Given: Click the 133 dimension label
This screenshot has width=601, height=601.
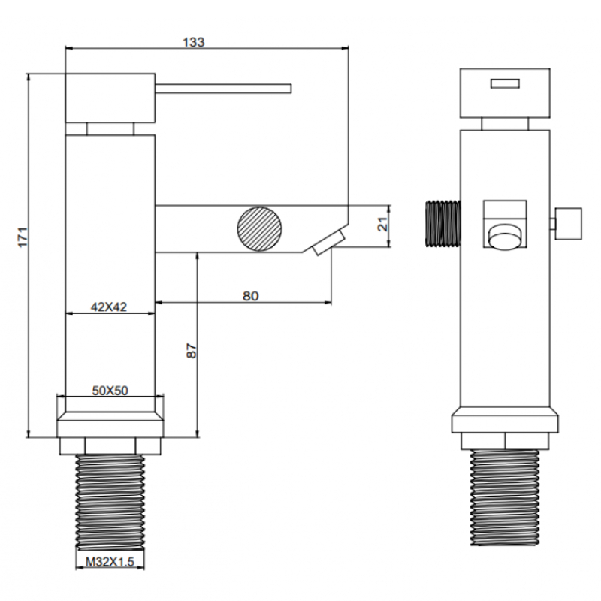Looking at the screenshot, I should pyautogui.click(x=194, y=42).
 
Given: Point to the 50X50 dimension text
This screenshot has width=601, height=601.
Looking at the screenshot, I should pyautogui.click(x=110, y=390).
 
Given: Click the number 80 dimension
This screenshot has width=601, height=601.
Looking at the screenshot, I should pyautogui.click(x=251, y=296).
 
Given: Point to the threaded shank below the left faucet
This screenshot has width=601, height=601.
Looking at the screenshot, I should pyautogui.click(x=110, y=503).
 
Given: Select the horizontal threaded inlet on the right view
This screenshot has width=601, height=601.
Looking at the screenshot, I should pyautogui.click(x=442, y=223).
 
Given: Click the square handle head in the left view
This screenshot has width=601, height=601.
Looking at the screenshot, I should pyautogui.click(x=110, y=98).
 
